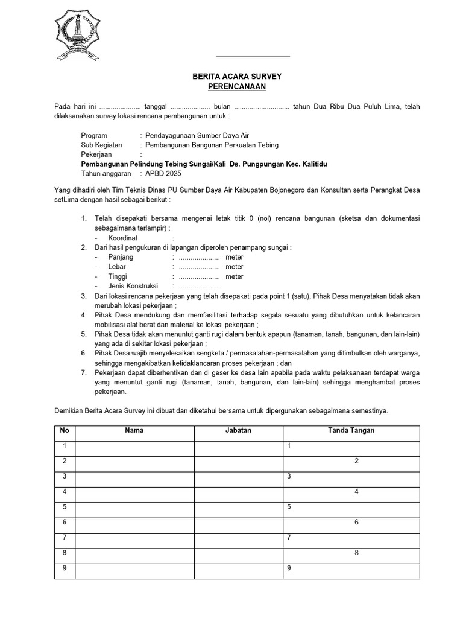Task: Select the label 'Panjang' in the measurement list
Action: tap(121, 257)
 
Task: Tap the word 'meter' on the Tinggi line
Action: tap(235, 276)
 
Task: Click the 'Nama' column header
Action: tap(134, 431)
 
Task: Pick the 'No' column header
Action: tap(65, 431)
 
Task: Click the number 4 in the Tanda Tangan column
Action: tap(357, 492)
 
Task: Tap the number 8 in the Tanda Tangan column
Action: tap(357, 553)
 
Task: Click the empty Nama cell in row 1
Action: tap(134, 447)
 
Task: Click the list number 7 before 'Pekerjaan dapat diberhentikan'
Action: tap(83, 372)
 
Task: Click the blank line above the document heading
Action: tap(253, 56)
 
